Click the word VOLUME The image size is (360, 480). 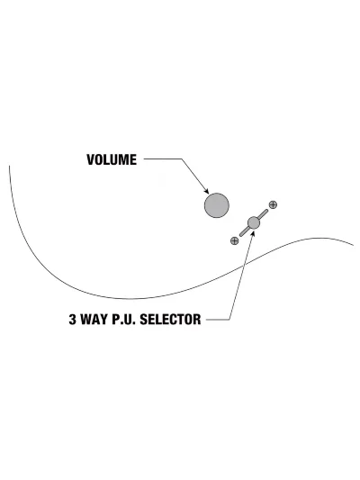pyautogui.click(x=112, y=159)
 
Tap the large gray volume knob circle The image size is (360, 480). pyautogui.click(x=217, y=205)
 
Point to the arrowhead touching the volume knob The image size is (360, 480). pyautogui.click(x=206, y=191)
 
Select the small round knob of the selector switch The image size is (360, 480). pyautogui.click(x=254, y=222)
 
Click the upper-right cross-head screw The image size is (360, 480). pyautogui.click(x=273, y=204)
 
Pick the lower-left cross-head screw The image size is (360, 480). pyautogui.click(x=234, y=241)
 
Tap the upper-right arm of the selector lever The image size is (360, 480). pyautogui.click(x=263, y=213)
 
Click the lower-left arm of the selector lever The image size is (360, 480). pyautogui.click(x=245, y=231)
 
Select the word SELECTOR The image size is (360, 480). pyautogui.click(x=170, y=320)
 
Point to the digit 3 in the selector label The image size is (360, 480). pyautogui.click(x=72, y=320)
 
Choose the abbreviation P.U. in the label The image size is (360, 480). pyautogui.click(x=123, y=320)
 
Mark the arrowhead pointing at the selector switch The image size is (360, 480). pyautogui.click(x=252, y=233)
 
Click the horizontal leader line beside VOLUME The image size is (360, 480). pyautogui.click(x=163, y=158)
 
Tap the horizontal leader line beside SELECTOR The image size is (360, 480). pyautogui.click(x=218, y=320)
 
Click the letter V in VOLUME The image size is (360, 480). pyautogui.click(x=91, y=159)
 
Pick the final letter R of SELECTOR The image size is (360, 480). pyautogui.click(x=197, y=320)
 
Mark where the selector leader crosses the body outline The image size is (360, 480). pyautogui.click(x=244, y=267)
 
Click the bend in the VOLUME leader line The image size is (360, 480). pyautogui.click(x=182, y=158)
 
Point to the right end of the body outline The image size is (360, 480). pyautogui.click(x=354, y=245)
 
